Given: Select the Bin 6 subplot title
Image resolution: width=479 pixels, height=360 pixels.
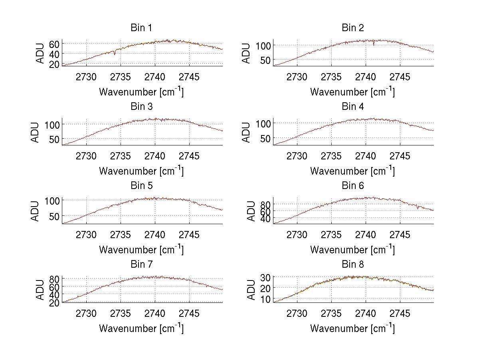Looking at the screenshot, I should coord(352,186).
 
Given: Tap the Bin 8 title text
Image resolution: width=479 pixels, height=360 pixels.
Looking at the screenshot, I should coord(352,265).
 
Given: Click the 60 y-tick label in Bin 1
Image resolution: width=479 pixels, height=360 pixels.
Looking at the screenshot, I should coord(55,44).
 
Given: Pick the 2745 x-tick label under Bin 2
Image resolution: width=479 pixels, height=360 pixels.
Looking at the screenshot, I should coord(400,77).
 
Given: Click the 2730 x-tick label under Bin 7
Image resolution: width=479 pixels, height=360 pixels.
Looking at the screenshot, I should coord(86,314).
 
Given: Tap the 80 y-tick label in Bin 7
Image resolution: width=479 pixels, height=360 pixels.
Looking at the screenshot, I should coord(55,278).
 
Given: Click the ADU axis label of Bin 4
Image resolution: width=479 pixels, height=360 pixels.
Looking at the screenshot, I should coord(247,132).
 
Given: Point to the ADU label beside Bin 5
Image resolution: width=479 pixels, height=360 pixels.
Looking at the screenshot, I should coord(36,211).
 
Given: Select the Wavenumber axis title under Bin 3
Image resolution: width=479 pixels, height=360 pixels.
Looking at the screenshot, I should coord(141,171).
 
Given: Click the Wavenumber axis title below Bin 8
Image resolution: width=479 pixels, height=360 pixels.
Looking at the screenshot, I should coord(352,328).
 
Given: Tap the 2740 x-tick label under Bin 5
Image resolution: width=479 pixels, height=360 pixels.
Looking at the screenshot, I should coord(154,235).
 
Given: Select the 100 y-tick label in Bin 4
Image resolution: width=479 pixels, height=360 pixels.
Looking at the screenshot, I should coord(263,123).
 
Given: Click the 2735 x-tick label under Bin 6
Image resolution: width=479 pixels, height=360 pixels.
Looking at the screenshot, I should coord(331,235).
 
